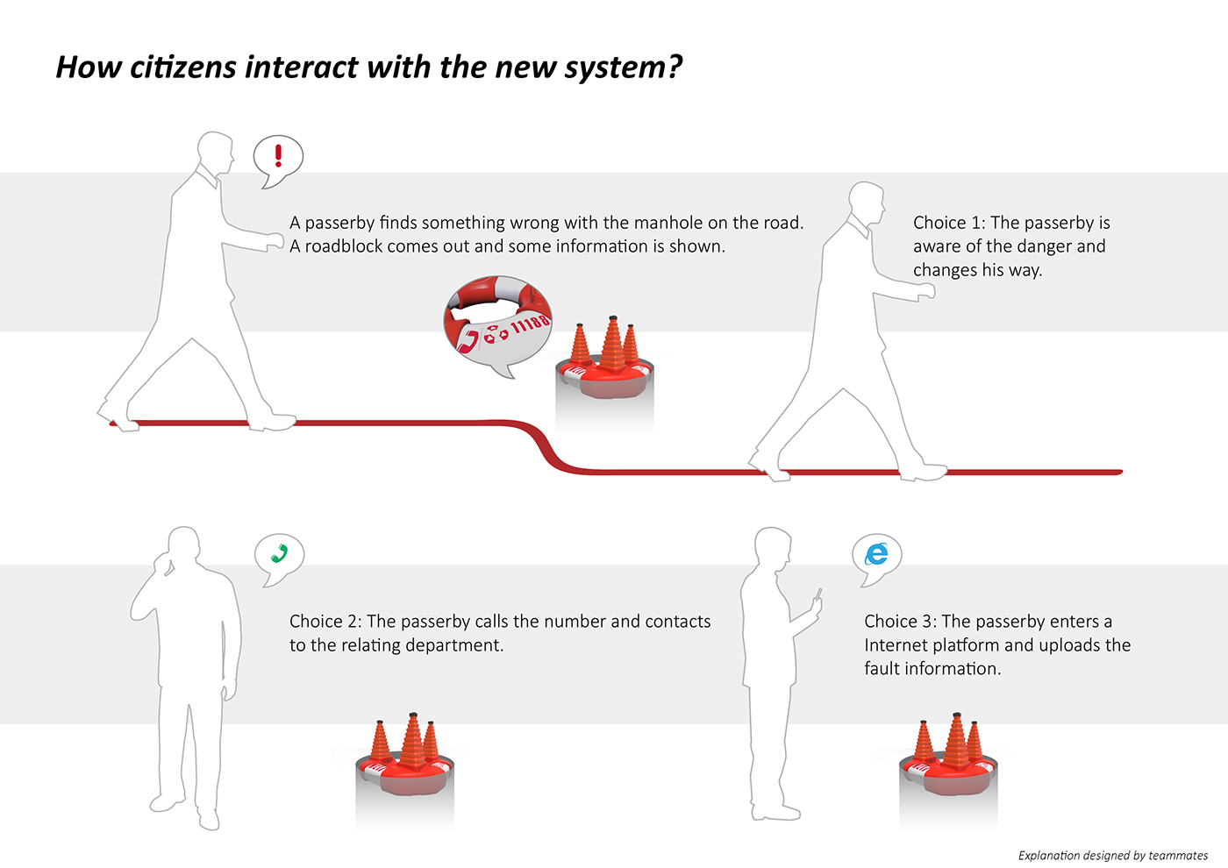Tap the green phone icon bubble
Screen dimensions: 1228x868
pos(279,555)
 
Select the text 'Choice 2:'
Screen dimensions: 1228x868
pos(325,622)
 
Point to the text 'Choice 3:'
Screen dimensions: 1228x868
pos(900,622)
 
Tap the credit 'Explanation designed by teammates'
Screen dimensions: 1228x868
pos(1112,856)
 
